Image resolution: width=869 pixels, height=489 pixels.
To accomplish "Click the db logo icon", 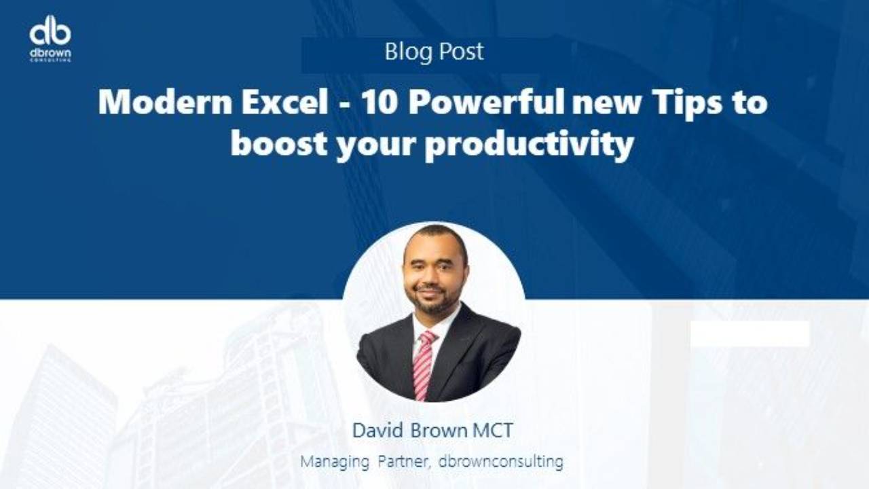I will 50,30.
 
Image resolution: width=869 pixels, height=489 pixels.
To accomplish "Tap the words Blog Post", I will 434,52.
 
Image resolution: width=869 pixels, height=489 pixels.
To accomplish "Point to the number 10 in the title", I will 380,103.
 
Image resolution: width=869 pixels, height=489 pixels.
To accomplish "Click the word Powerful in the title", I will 487,103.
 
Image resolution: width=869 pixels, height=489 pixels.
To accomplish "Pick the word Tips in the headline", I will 686,103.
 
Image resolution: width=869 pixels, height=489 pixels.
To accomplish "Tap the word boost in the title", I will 279,144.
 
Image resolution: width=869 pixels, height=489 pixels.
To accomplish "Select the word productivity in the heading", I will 530,145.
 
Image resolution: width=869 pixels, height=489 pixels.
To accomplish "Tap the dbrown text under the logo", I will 50,52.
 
